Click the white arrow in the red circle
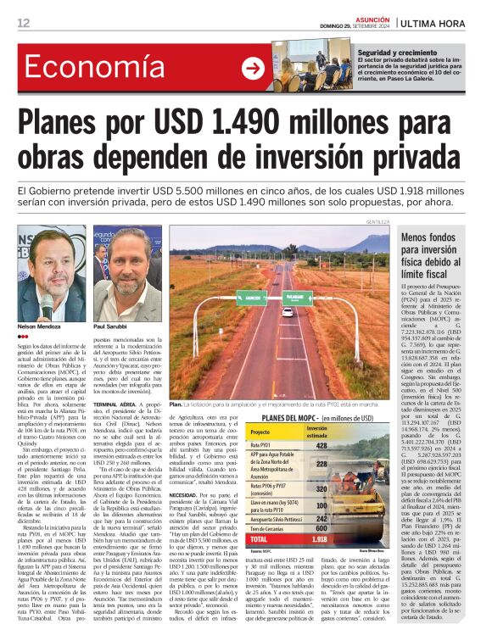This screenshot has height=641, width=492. click(x=253, y=69)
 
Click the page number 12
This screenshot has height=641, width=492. click(x=23, y=22)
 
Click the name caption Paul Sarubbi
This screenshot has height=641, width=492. click(x=110, y=326)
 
